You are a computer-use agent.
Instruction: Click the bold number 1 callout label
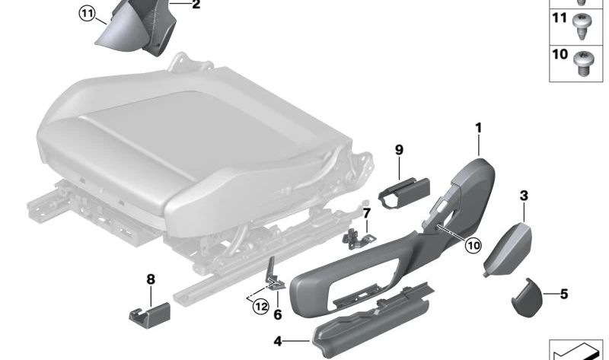(479, 129)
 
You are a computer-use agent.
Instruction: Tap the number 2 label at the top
(196, 6)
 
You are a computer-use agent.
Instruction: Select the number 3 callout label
(524, 196)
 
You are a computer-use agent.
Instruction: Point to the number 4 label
(278, 341)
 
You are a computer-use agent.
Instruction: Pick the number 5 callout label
(564, 293)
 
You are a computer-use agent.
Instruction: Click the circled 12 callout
(261, 306)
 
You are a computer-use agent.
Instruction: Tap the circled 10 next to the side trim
(473, 245)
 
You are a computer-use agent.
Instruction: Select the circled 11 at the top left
(89, 13)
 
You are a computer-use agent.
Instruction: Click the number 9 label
(398, 150)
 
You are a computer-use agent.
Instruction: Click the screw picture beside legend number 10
(585, 62)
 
